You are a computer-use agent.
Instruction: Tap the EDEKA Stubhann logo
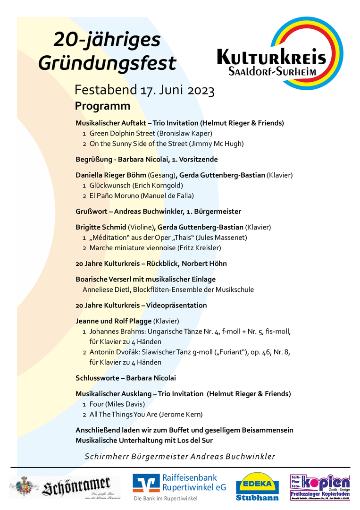coord(257,486)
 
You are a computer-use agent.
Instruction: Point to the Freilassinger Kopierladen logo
coord(319,486)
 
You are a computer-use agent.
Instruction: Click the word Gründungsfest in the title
coord(107,63)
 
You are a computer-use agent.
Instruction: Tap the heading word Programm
coord(102,106)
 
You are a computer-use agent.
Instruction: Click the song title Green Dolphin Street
coord(122,134)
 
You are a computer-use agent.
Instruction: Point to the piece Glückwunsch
coord(110,186)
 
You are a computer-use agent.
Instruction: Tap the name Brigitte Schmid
coord(100,227)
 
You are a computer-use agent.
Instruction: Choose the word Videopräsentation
coord(176,306)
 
